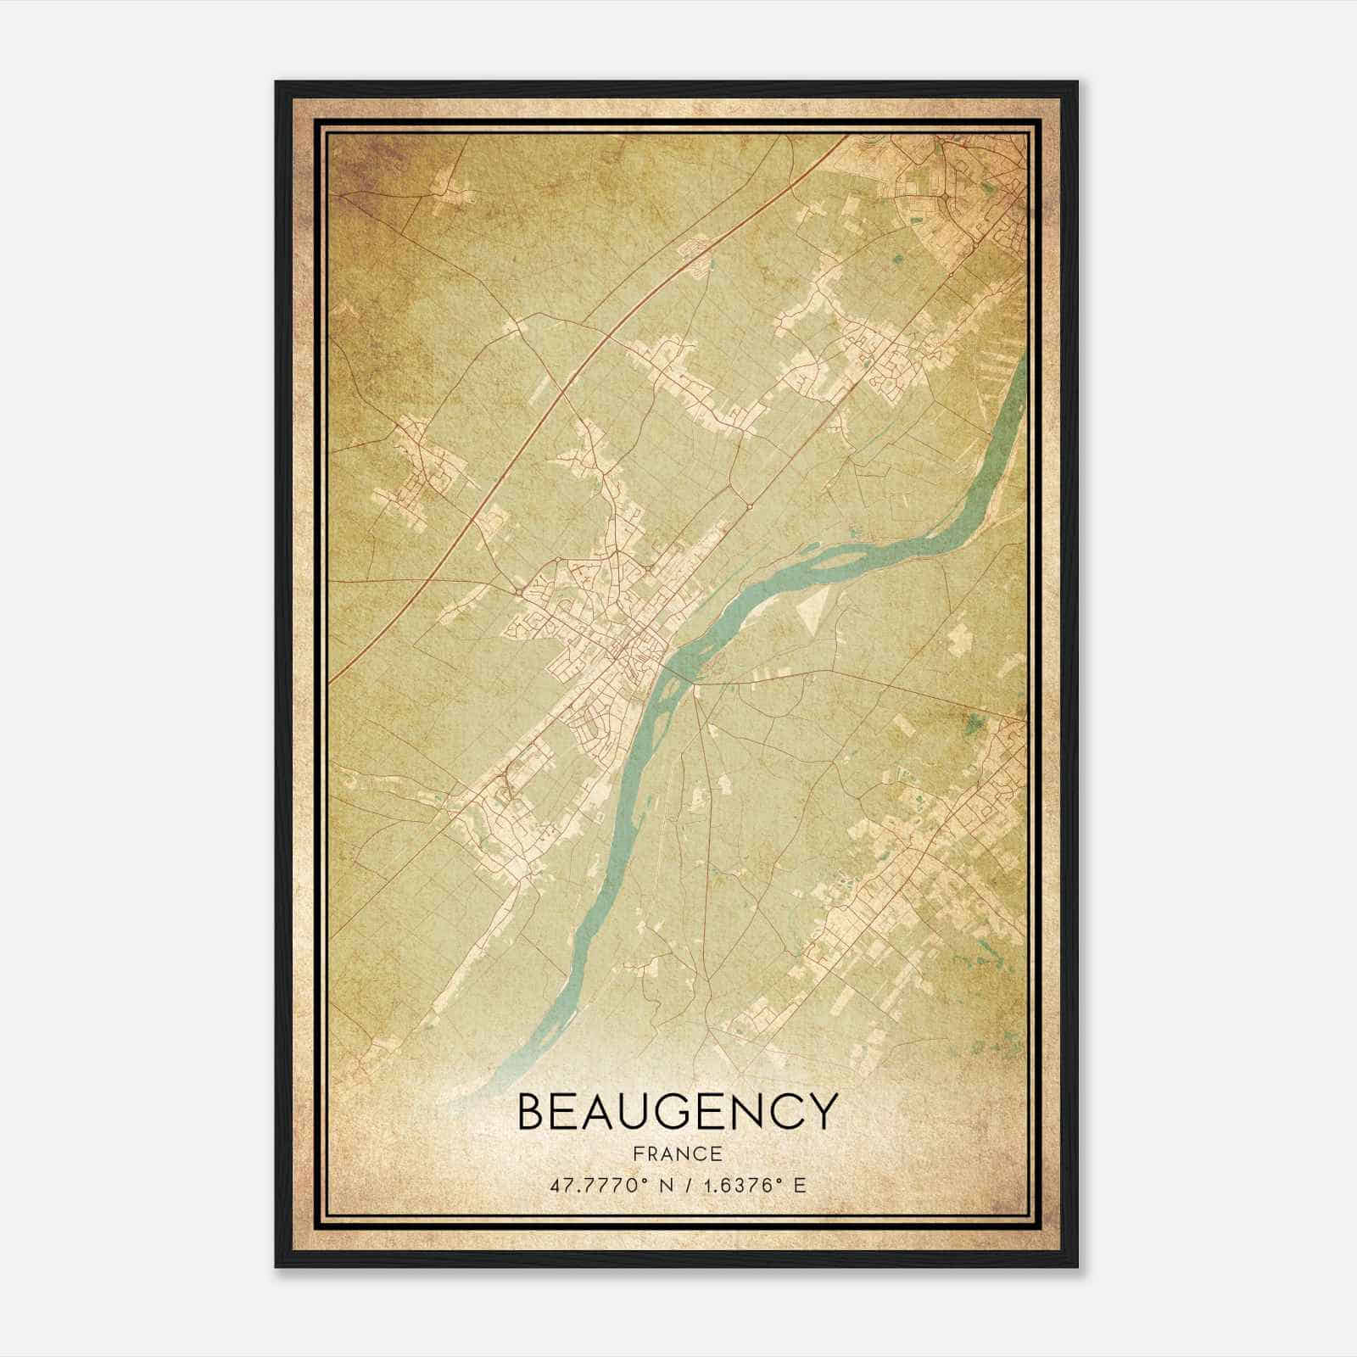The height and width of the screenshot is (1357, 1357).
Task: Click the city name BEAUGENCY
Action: coord(677,1111)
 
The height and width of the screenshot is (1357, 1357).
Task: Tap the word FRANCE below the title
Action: coord(677,1154)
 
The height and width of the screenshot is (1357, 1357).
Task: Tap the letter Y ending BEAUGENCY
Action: coord(820,1111)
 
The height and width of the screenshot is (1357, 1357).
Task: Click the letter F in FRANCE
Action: coord(635,1154)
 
